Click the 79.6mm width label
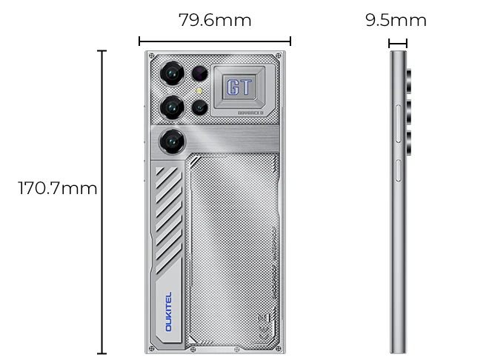(x=215, y=20)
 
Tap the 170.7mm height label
(x=58, y=188)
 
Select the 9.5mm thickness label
(x=396, y=20)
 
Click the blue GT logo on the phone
(x=239, y=87)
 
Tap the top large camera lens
(x=174, y=73)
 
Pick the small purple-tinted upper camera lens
(x=200, y=73)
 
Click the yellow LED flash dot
(x=199, y=90)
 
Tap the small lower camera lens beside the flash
(x=200, y=107)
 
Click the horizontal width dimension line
(x=215, y=41)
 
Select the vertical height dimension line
(x=102, y=201)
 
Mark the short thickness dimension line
(x=398, y=42)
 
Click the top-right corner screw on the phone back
(x=278, y=56)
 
